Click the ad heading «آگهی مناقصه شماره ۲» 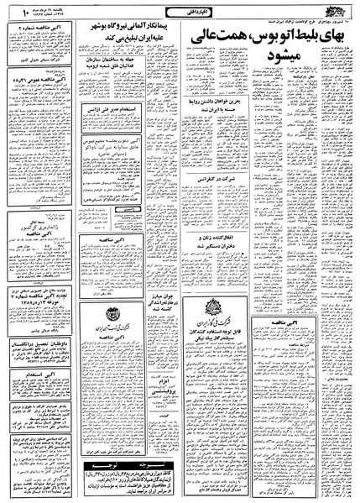coord(41,29)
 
